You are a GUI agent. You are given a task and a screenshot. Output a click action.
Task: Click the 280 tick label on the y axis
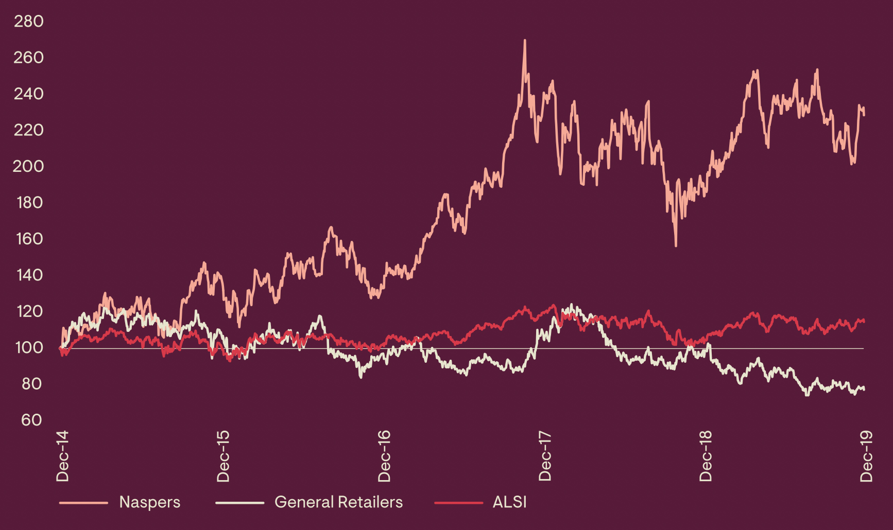coord(29,21)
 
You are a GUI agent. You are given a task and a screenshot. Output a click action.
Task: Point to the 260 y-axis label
coord(29,58)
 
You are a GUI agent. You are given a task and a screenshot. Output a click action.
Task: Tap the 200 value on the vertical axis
coord(29,166)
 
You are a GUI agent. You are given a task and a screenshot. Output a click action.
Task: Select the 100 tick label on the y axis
coord(29,347)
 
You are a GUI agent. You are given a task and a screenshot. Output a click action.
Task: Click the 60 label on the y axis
coord(31,420)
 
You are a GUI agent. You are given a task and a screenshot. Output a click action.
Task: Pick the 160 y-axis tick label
coord(29,239)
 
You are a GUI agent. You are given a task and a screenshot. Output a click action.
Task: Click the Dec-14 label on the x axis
coord(62,456)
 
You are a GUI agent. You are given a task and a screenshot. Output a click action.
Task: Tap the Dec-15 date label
coord(223,456)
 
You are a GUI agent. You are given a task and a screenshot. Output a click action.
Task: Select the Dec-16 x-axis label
coord(384,456)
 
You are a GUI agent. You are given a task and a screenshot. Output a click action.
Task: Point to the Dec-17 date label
coord(545,456)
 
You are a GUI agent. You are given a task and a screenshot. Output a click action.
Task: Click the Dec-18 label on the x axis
coord(706,456)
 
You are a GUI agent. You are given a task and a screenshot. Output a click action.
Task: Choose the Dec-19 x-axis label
coord(866,456)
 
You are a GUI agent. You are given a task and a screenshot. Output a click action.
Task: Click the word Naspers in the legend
coord(150,502)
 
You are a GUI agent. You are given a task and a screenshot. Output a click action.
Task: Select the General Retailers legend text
coord(338,502)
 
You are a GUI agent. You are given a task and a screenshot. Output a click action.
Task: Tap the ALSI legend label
coord(509,502)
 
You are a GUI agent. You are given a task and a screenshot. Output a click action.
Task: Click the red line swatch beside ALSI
coord(458,503)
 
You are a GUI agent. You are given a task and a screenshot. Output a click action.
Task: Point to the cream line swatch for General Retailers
coord(239,503)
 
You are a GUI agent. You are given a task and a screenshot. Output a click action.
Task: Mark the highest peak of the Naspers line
coord(525,41)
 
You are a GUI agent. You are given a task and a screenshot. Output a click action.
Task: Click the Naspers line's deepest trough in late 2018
coord(676,245)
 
